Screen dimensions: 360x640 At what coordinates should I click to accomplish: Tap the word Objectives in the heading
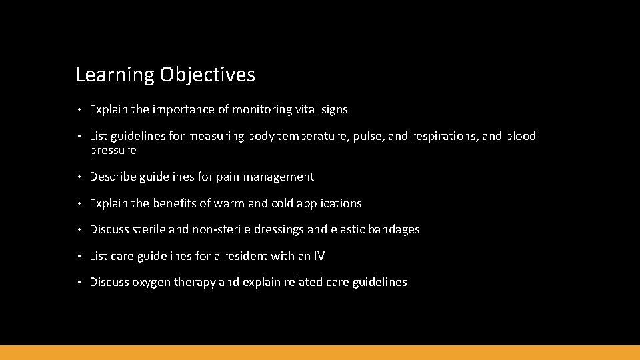(207, 75)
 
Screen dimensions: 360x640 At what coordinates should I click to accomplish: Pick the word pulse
(365, 137)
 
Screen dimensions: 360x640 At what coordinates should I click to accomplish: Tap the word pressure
(113, 151)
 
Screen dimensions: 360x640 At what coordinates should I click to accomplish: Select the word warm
(229, 203)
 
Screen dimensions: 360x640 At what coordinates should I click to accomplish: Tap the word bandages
(393, 229)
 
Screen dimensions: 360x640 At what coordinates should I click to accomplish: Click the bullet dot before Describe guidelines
(79, 177)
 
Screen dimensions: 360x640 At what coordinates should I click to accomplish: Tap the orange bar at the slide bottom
(320, 353)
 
